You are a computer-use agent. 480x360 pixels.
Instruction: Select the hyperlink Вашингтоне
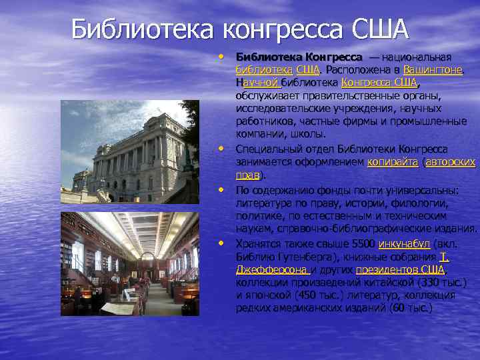433,70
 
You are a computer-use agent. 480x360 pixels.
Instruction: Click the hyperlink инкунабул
404,243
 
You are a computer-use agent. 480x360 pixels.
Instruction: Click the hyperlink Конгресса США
379,83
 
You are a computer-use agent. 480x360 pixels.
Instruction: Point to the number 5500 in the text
360,243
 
